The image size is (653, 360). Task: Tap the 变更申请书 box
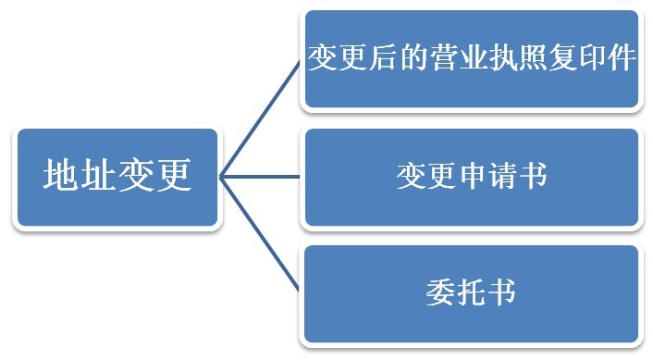472,177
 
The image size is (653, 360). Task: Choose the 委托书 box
472,293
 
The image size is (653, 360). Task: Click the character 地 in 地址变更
61,175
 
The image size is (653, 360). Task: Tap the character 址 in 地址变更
98,175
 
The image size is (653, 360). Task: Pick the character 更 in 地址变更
173,175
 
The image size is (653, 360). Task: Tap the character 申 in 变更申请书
472,177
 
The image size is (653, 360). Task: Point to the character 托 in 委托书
472,292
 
